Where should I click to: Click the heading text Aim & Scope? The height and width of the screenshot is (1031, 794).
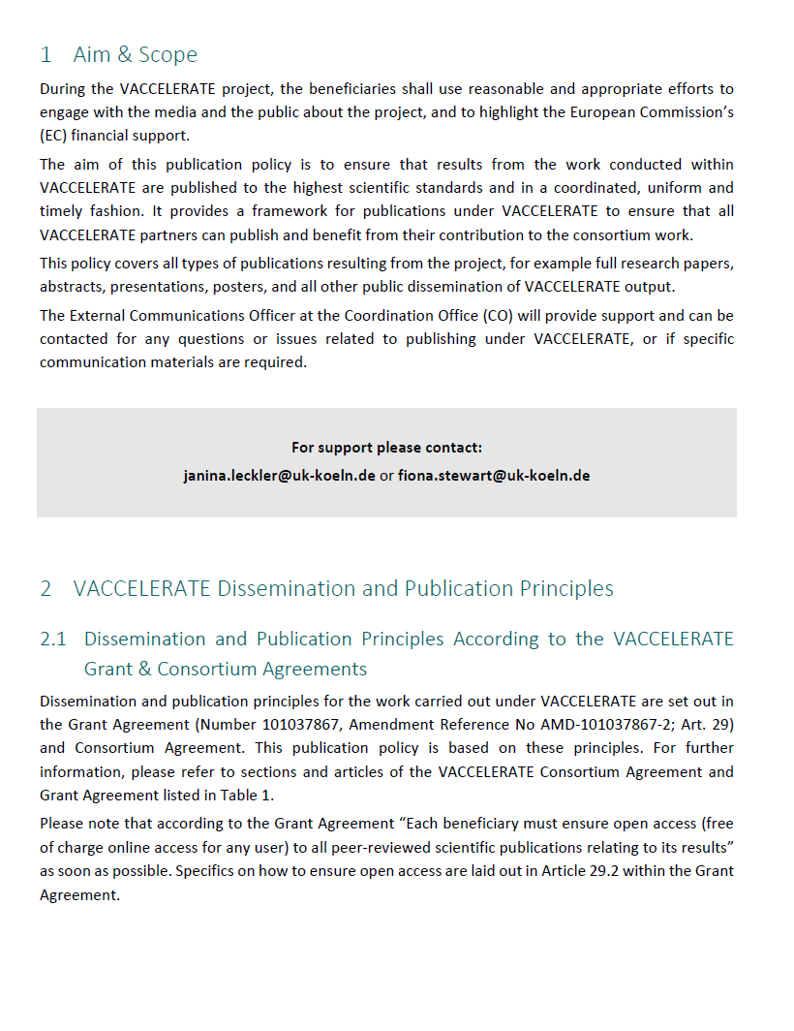[135, 54]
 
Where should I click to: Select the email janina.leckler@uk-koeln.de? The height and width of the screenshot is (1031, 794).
[279, 476]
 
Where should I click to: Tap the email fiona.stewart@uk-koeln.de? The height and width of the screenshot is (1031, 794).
[494, 476]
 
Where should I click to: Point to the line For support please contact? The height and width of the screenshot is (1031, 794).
[386, 448]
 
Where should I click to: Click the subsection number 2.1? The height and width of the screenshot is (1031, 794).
[53, 639]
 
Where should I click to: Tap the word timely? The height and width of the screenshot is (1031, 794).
[61, 211]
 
